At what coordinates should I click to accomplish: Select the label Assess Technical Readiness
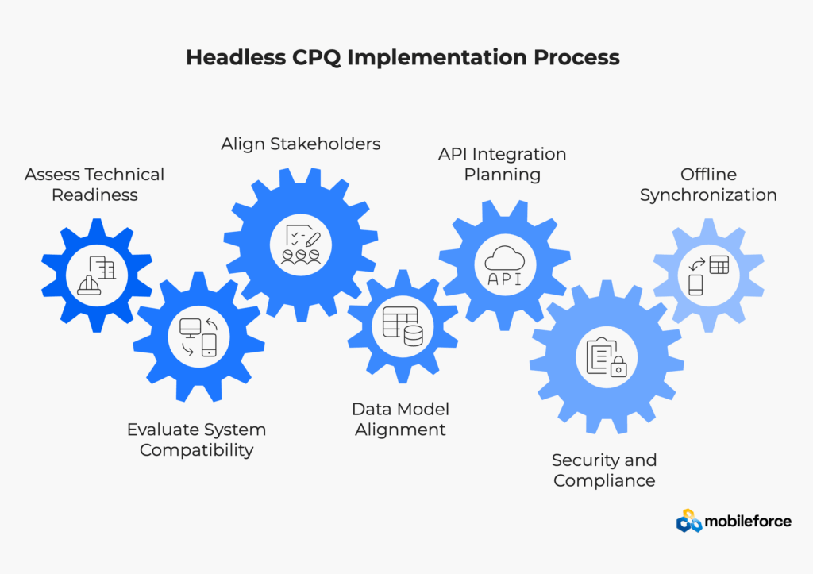[94, 184]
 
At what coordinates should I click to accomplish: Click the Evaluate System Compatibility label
[196, 440]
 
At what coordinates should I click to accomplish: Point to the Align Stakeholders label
[300, 144]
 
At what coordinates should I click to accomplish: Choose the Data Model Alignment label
[400, 419]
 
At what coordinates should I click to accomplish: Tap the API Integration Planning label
[502, 164]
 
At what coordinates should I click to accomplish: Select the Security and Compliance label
[604, 470]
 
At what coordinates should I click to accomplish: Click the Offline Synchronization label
[708, 184]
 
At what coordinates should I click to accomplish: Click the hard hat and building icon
[96, 275]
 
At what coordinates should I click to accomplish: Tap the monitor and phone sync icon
[198, 337]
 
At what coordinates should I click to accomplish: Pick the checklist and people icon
[302, 244]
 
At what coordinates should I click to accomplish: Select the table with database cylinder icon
[403, 326]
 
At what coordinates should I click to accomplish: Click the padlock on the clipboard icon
[618, 366]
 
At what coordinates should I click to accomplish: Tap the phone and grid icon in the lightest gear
[708, 275]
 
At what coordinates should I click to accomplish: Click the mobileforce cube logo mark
[689, 521]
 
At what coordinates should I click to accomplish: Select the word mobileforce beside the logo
[748, 521]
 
